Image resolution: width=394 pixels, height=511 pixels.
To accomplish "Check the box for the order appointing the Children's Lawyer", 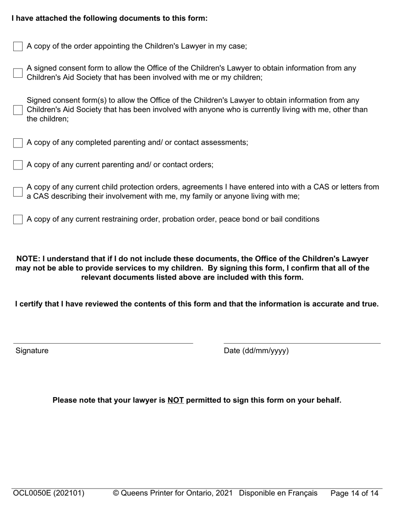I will (18, 47).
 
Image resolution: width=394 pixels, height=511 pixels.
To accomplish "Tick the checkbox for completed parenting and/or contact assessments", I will (18, 143).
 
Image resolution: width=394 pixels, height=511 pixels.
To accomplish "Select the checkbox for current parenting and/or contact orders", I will (18, 165).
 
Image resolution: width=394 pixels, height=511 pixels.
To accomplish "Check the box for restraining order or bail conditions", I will (18, 219).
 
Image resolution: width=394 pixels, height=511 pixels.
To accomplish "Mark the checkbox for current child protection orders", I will (18, 192).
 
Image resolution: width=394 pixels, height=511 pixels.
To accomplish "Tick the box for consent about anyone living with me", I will (18, 110).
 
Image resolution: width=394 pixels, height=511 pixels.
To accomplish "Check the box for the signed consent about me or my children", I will (18, 73).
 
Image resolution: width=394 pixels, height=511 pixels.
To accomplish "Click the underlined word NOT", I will (175, 400).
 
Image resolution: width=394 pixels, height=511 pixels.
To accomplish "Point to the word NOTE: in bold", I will (28, 259).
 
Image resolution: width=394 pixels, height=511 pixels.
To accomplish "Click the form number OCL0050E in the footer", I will (32, 494).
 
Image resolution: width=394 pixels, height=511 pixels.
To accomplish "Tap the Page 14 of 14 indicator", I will (354, 494).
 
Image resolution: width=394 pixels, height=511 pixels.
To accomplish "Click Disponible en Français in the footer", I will (278, 494).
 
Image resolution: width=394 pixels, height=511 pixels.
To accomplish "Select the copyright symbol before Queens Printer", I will (116, 494).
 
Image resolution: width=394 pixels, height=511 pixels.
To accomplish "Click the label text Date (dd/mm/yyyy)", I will (256, 351).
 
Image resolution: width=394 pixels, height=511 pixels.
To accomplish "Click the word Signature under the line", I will (32, 351).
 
